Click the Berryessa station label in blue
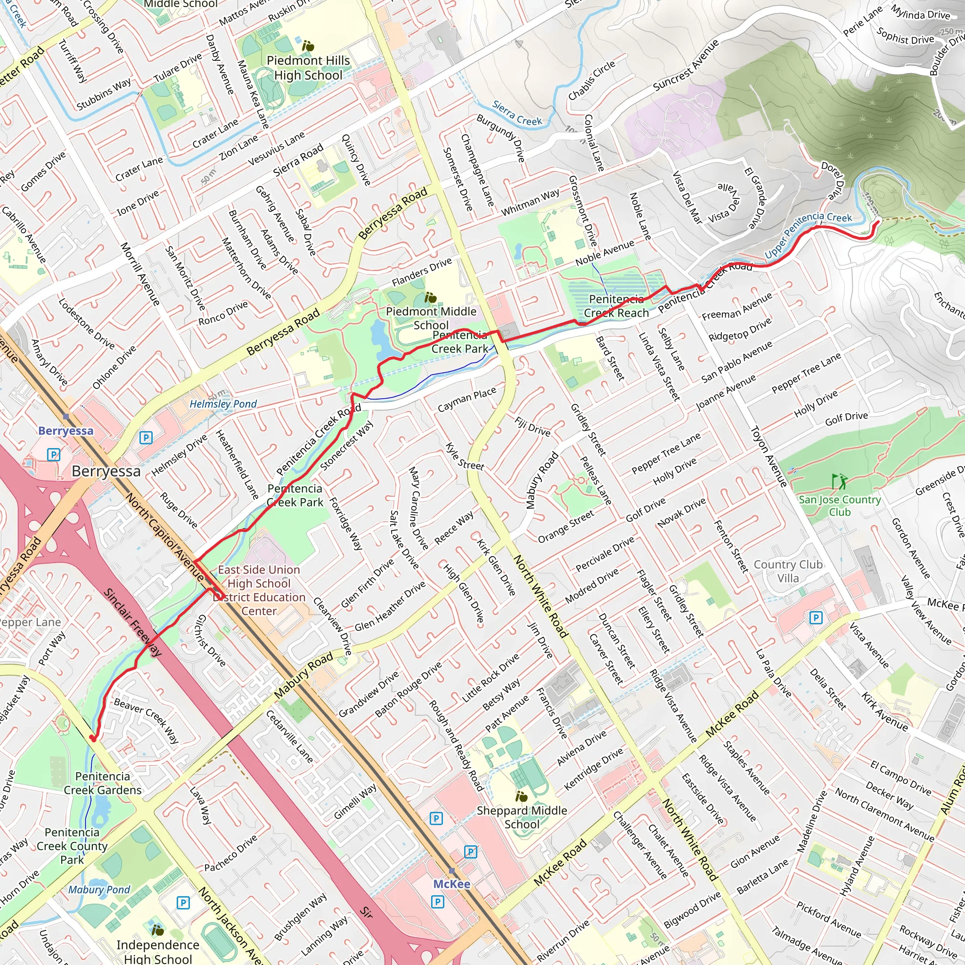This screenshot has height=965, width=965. coord(65,431)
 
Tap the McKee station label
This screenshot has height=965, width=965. coord(451,884)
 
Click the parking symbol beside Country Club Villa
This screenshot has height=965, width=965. coord(816,618)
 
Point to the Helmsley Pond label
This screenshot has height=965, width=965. coord(223,404)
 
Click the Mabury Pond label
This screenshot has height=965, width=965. coord(99,890)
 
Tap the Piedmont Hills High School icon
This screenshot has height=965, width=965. coord(308,47)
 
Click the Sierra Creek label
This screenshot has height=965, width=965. coord(517,114)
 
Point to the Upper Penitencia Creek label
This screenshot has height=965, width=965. coord(807,234)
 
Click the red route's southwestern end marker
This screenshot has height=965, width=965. coord(92,738)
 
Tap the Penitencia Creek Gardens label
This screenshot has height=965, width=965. coord(102,783)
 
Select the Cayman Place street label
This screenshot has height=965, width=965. coord(466,400)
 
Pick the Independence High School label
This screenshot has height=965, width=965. coord(157,951)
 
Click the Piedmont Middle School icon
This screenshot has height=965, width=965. coord(430,298)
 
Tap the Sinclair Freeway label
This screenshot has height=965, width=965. coord(132,622)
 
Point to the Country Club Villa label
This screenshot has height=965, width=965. coord(788,571)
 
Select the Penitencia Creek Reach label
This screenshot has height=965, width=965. coord(616,306)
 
